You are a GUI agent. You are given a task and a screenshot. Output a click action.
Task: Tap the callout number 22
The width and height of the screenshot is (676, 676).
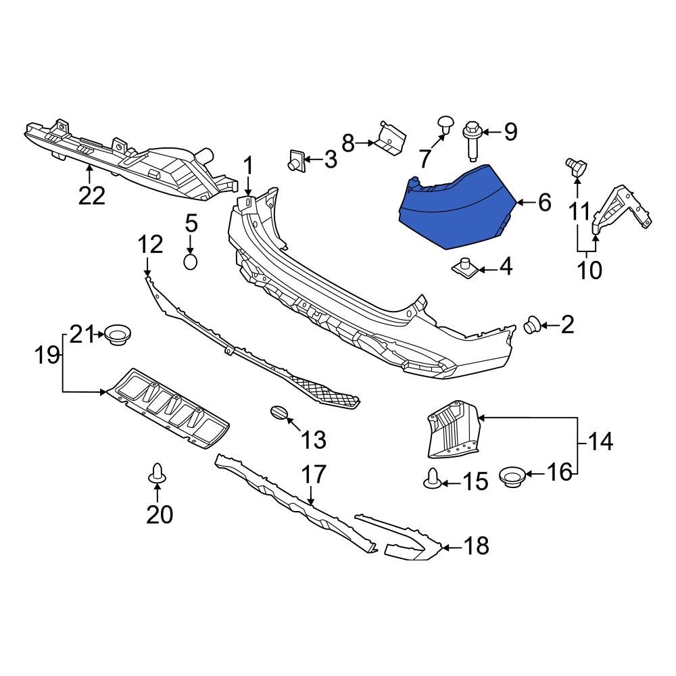(92, 195)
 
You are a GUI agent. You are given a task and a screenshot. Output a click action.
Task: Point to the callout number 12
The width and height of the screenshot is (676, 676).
(151, 245)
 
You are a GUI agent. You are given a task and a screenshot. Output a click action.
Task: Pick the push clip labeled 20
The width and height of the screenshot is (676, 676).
(157, 475)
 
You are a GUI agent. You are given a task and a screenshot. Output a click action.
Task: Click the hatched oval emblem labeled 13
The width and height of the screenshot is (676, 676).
(279, 413)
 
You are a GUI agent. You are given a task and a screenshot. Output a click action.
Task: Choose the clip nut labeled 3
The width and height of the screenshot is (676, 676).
(295, 160)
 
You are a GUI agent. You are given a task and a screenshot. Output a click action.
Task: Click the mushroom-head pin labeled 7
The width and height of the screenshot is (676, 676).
(445, 124)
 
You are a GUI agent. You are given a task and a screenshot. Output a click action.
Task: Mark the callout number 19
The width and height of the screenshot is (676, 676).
(47, 355)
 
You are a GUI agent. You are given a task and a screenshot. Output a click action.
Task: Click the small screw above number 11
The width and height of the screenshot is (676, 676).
(576, 164)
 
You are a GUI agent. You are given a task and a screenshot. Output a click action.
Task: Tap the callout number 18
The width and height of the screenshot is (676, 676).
(477, 546)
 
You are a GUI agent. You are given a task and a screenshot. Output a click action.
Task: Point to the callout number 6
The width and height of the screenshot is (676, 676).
(544, 202)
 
